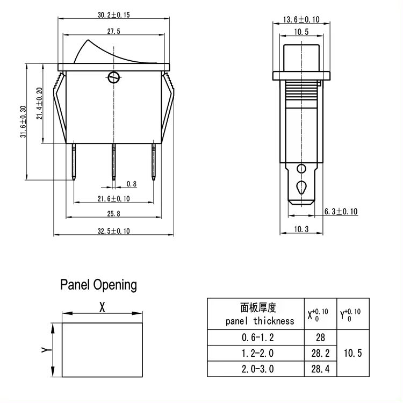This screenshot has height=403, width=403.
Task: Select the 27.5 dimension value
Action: (113, 32)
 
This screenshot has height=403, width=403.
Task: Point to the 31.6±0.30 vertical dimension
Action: (23, 122)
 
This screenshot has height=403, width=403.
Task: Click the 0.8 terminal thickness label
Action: (131, 184)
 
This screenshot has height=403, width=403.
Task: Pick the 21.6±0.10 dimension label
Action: (114, 199)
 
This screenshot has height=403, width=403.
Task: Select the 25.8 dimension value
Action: (113, 214)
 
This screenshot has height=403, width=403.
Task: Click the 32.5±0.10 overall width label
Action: (114, 231)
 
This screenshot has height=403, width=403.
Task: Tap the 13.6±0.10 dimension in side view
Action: (301, 20)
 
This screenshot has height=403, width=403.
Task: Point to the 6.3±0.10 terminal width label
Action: (341, 212)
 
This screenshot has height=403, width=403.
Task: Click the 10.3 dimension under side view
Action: (301, 229)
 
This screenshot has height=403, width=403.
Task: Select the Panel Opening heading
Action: (98, 284)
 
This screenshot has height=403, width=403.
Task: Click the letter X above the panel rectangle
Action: (102, 307)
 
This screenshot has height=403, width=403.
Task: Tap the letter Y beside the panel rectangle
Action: (46, 350)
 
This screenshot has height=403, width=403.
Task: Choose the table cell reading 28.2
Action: (320, 353)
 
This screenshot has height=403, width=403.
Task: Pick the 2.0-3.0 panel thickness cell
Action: (257, 369)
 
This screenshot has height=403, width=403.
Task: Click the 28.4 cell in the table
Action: (320, 369)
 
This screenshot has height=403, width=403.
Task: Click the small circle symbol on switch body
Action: (113, 77)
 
